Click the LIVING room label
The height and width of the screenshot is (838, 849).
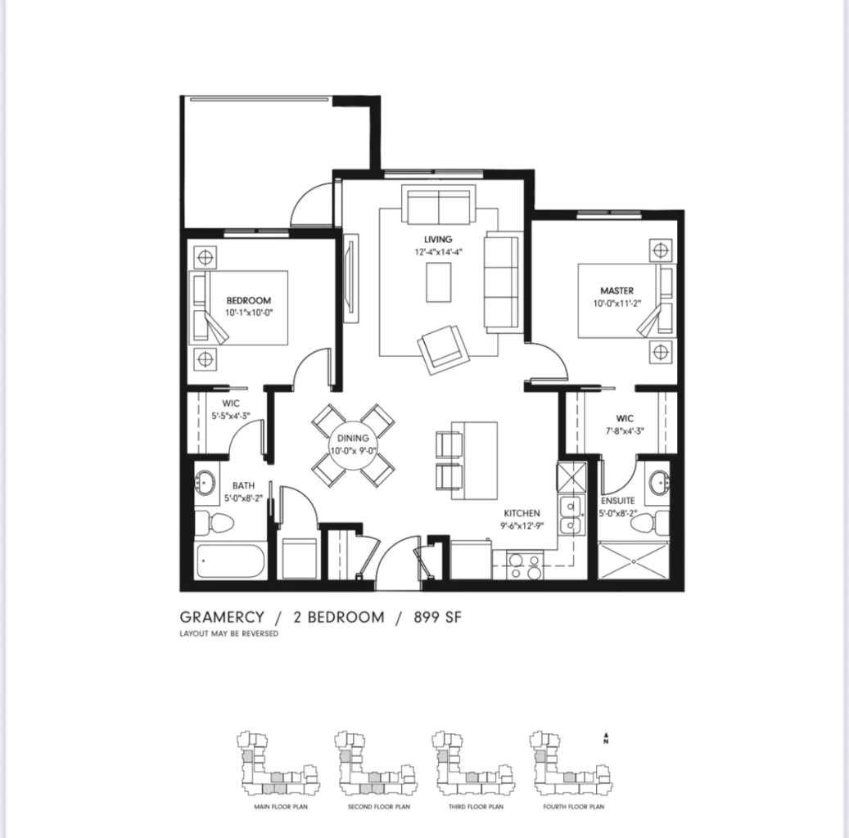click(x=438, y=239)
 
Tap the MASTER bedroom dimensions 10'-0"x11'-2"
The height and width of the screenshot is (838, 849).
click(x=616, y=304)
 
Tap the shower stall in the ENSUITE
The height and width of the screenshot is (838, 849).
click(x=634, y=560)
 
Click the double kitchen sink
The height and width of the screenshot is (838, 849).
click(x=570, y=515)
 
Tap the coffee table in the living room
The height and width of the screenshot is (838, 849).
click(x=439, y=282)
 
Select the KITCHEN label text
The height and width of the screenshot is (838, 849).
click(x=522, y=513)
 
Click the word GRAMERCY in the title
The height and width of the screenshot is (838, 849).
click(x=222, y=617)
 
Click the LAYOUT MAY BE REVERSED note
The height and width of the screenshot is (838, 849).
click(x=228, y=634)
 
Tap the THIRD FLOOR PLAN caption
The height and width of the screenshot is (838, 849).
click(x=476, y=807)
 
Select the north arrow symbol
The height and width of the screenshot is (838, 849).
click(x=605, y=738)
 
